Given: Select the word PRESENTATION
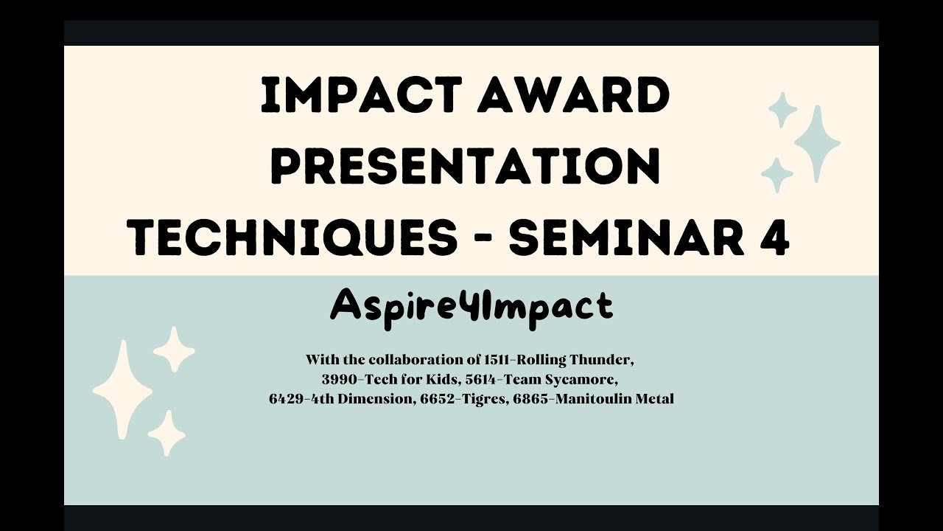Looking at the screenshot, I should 466,167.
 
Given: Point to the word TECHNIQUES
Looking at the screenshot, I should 293,237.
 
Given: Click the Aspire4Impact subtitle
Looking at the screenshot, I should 471,305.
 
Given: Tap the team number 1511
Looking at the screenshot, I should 497,361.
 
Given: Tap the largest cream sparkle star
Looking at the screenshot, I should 122,389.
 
